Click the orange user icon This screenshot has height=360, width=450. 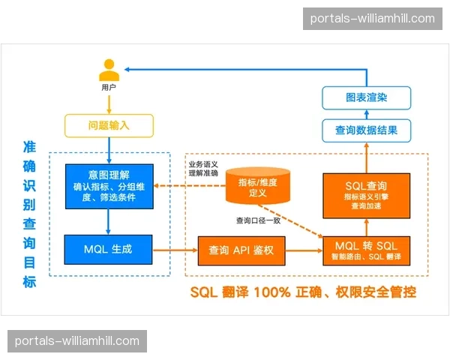[x=109, y=70]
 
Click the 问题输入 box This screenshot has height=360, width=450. [x=109, y=125]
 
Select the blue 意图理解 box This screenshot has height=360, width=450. [x=109, y=186]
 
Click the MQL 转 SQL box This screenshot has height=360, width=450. [x=366, y=250]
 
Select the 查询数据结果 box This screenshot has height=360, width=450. [x=367, y=130]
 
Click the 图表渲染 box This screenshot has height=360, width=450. [x=367, y=97]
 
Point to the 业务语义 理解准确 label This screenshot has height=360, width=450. [x=202, y=168]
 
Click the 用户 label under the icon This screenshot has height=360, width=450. [x=109, y=88]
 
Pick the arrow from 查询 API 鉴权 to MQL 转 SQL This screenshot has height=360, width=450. [x=303, y=250]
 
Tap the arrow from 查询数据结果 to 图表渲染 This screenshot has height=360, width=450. [x=367, y=113]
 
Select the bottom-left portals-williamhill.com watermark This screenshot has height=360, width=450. [x=77, y=341]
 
